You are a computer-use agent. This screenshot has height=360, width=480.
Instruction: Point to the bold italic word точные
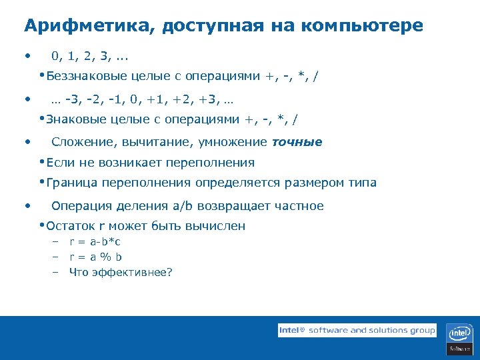tap(297, 141)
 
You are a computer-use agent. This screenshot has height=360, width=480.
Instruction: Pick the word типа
tap(363, 183)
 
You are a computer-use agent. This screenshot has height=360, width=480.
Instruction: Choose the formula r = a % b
tap(96, 257)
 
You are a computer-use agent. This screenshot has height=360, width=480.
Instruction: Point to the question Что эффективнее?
tap(121, 272)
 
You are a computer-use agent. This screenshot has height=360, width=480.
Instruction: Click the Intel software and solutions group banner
tap(357, 330)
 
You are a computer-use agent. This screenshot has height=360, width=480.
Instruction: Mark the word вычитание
tap(151, 141)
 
